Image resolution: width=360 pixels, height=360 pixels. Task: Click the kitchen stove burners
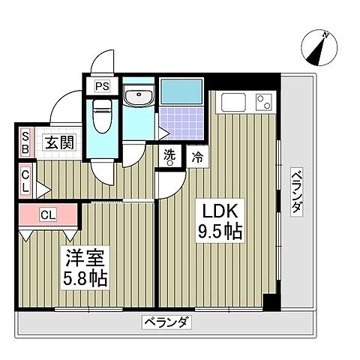point(263,101)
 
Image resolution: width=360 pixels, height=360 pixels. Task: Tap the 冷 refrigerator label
point(198,157)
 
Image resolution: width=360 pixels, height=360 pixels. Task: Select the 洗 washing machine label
point(170,156)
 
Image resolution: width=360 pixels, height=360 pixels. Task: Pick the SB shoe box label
point(25,142)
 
